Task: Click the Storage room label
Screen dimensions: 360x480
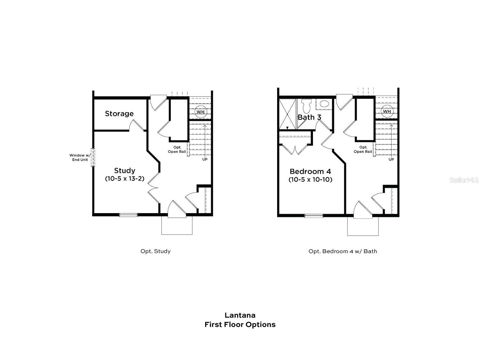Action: click(x=119, y=114)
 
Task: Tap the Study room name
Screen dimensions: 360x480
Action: click(x=124, y=171)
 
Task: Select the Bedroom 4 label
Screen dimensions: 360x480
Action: click(x=310, y=172)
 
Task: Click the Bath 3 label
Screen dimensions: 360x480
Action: click(x=309, y=117)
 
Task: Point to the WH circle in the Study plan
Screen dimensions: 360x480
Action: click(x=200, y=112)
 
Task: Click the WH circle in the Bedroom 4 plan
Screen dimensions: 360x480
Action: click(x=387, y=111)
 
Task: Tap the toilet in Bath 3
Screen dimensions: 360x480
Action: click(x=307, y=104)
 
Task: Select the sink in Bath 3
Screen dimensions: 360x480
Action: click(x=324, y=104)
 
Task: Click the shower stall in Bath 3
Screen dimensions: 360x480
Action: click(x=287, y=114)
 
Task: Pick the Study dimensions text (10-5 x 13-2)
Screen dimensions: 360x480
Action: click(x=124, y=179)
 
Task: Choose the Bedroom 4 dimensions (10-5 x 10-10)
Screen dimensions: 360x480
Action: click(x=310, y=180)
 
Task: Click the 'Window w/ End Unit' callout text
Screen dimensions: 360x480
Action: click(x=80, y=157)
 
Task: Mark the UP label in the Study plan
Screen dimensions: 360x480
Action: click(x=205, y=159)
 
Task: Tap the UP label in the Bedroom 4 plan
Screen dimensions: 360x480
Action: click(x=391, y=159)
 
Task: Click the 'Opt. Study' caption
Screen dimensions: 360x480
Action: click(x=156, y=251)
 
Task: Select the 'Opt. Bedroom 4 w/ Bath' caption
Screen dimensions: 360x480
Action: click(x=343, y=251)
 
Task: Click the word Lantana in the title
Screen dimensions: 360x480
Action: click(x=240, y=316)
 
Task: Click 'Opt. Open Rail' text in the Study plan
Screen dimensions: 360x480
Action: click(x=177, y=149)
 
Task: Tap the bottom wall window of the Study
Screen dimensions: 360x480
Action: click(x=128, y=215)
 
